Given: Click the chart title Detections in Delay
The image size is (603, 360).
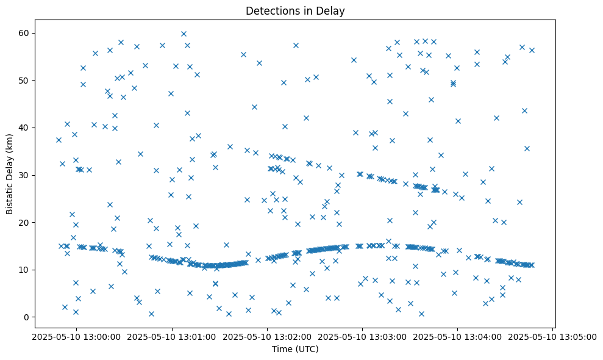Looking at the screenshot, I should pos(295,11).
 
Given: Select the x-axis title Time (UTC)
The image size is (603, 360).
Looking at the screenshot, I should pos(295,350).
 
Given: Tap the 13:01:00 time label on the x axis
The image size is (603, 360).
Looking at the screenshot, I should pos(172,336).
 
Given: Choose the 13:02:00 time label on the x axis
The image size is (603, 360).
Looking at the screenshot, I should pos(267,336).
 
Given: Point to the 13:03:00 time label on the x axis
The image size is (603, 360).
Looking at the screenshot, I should pos(363,336).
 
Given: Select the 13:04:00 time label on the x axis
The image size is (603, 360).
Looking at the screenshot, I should pos(458,336).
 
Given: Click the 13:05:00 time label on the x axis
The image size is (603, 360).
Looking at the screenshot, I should pos(553,336).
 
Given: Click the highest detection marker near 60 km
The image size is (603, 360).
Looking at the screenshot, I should pos(184,34).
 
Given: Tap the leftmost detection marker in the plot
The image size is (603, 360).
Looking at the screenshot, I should pos(59,140).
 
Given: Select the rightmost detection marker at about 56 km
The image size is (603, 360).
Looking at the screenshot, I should pos(532,50).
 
